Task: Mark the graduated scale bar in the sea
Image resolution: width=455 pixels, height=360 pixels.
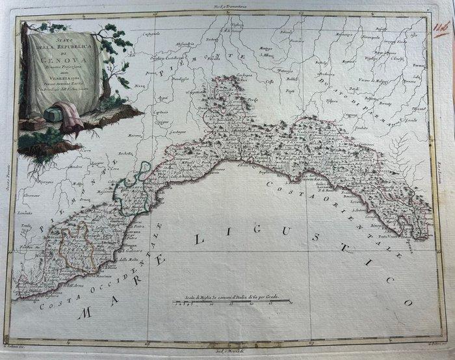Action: coord(231,303)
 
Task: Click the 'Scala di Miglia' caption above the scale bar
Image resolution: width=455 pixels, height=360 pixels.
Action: coord(230,297)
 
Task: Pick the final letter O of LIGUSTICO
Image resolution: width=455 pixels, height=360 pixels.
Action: coord(408,302)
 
